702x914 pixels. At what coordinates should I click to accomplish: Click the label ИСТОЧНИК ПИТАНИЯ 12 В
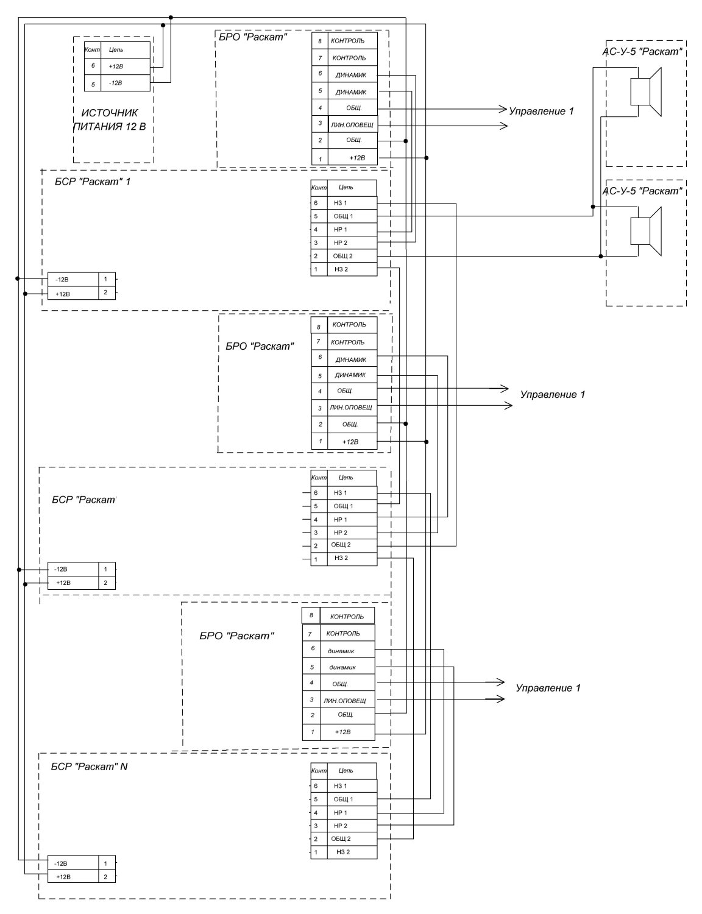(113, 120)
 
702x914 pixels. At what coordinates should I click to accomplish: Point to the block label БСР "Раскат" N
(89, 767)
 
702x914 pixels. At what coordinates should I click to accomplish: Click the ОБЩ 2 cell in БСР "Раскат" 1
(343, 256)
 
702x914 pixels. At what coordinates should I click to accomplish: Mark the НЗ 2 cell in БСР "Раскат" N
(342, 852)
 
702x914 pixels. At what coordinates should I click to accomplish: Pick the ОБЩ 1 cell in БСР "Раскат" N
(343, 799)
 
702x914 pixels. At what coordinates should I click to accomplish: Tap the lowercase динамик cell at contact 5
(342, 667)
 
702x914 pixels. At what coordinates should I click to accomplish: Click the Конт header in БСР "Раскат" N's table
(319, 771)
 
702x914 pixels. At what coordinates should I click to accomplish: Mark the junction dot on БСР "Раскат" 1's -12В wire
(18, 279)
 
